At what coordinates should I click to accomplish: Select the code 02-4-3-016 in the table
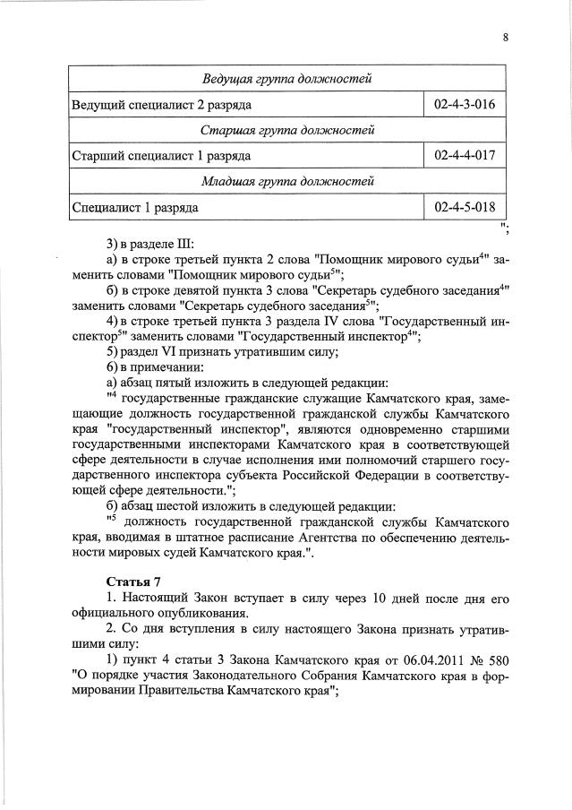coord(464,105)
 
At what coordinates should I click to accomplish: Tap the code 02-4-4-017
coord(464,156)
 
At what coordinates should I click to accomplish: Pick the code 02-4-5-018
coord(464,208)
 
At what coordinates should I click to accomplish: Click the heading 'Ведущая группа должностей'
coord(287,80)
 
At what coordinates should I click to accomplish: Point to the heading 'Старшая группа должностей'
coord(287,131)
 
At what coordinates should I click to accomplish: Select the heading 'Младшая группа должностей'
coord(287,182)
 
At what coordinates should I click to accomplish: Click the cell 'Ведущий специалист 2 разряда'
coord(161,106)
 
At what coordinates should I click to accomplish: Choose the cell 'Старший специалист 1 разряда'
coord(161,157)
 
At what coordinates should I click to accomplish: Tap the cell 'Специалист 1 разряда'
coord(134,208)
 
